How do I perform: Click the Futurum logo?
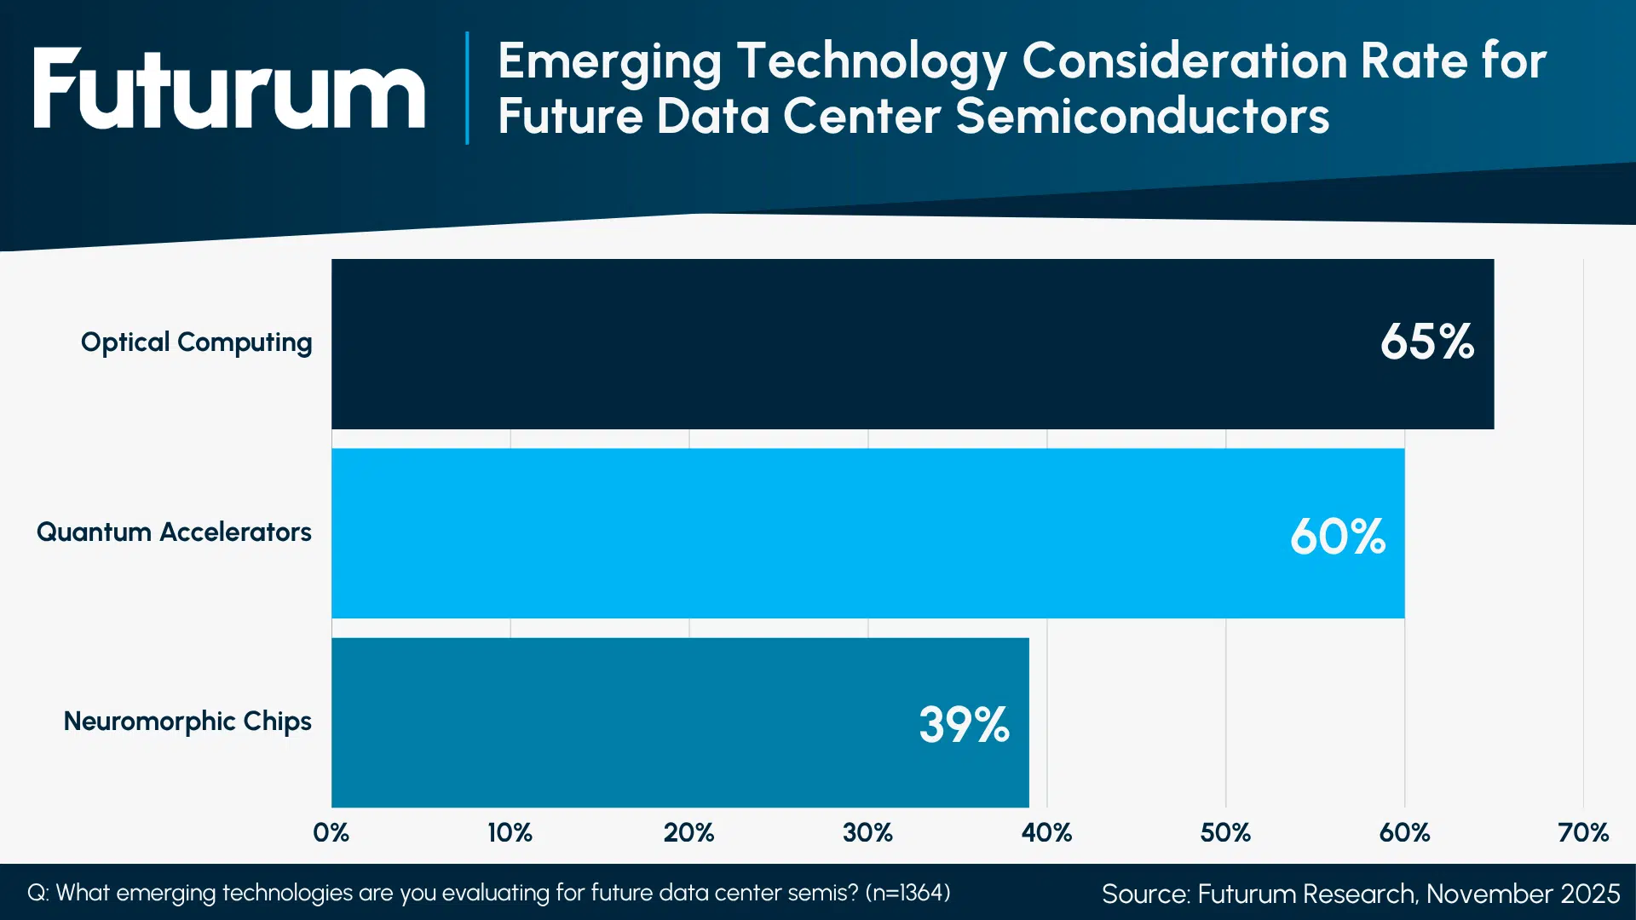(228, 89)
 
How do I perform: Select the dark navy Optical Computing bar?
(852, 343)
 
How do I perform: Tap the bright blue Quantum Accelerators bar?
(809, 533)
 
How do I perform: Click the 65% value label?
(1426, 342)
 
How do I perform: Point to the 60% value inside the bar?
(1337, 537)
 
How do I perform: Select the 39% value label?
(964, 725)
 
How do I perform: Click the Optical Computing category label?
(196, 342)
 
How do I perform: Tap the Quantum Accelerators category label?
(174, 532)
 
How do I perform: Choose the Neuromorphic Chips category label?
(187, 722)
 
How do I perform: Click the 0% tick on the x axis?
(331, 832)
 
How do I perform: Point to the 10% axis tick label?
(510, 832)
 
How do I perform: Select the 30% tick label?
(867, 832)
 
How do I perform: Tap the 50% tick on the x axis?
(1225, 832)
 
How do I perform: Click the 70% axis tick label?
(1583, 832)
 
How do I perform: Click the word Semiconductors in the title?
(1142, 117)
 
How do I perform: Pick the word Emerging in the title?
(610, 62)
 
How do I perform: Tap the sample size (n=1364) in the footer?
(907, 893)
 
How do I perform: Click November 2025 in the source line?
(1523, 894)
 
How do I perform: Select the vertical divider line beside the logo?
(467, 88)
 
